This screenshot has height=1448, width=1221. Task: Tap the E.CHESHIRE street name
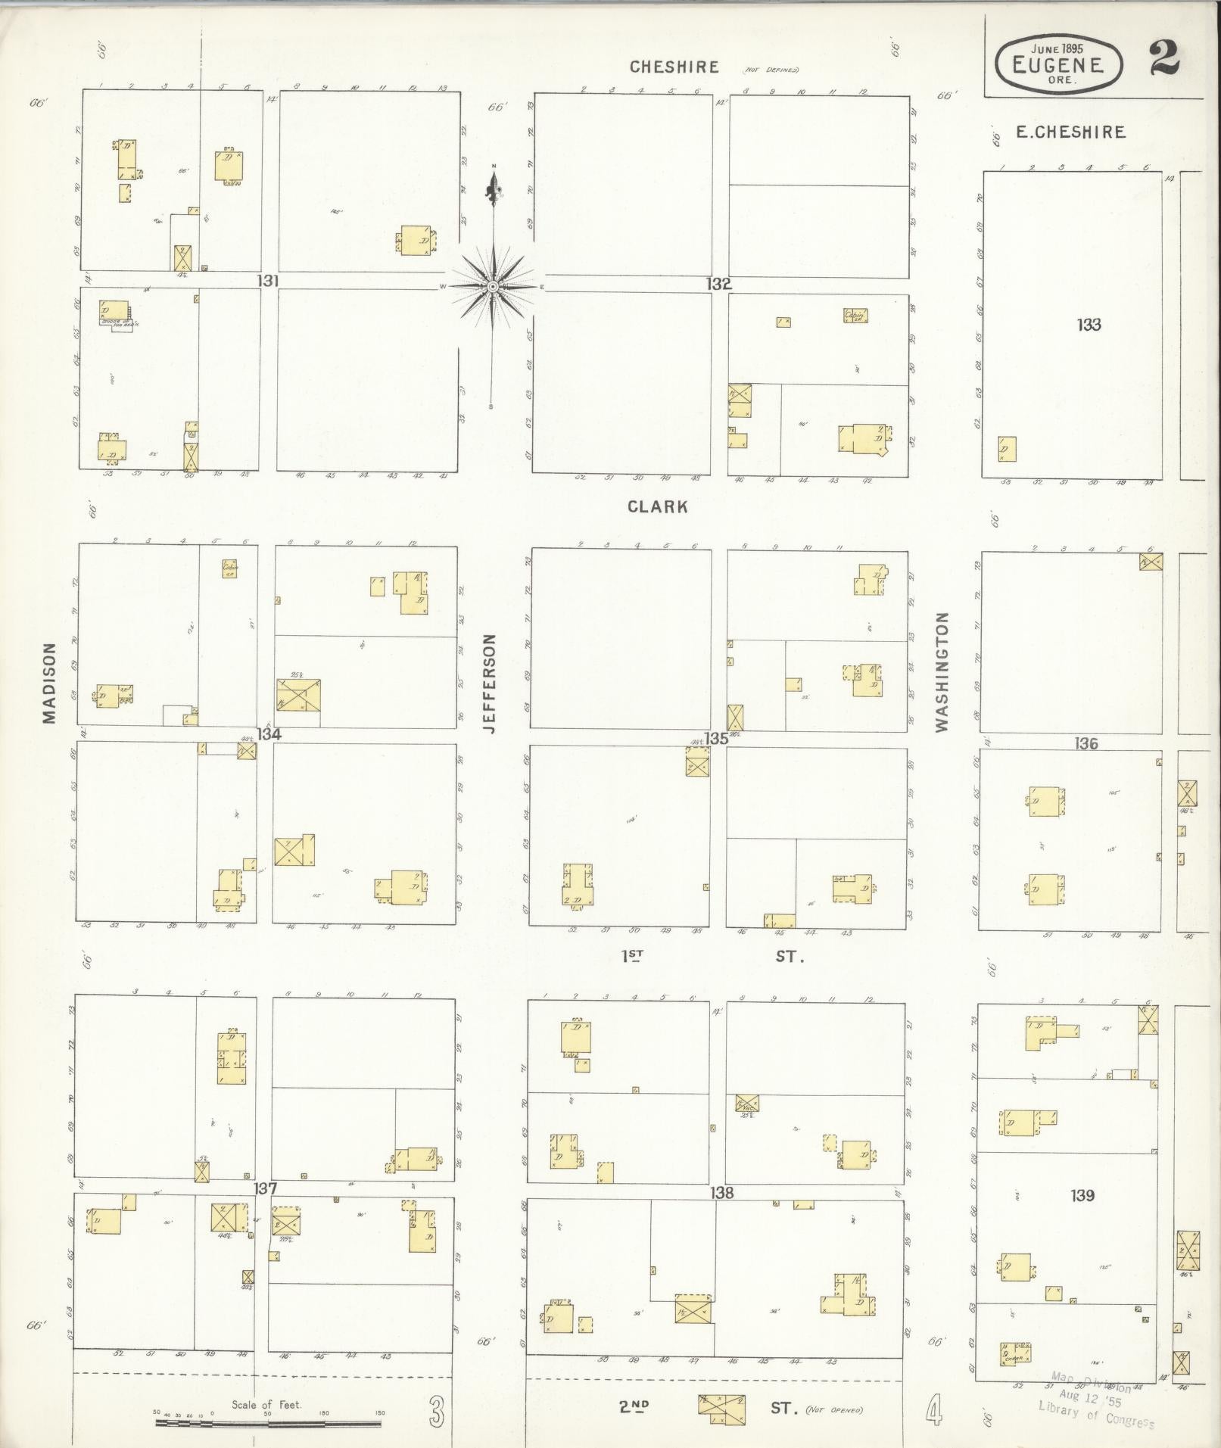pos(1070,132)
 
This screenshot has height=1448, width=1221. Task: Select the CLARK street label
pos(658,507)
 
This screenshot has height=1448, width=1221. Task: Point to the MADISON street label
pos(50,683)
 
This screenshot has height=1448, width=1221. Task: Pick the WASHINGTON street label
pos(942,672)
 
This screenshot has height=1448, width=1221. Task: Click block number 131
pos(268,282)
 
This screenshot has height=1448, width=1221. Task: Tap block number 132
pos(719,285)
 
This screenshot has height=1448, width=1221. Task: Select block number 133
pos(1089,325)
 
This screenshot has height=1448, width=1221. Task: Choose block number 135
pos(716,738)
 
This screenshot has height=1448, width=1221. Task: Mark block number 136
pos(1086,744)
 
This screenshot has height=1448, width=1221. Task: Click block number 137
pos(265,1188)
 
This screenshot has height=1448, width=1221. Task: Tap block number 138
pos(721,1193)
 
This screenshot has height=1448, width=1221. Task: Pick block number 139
pos(1082,1195)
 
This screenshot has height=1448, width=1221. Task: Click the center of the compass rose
pos(493,287)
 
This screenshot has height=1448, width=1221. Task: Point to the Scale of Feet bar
pos(269,1423)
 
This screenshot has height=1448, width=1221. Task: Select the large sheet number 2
pos(1164,59)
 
